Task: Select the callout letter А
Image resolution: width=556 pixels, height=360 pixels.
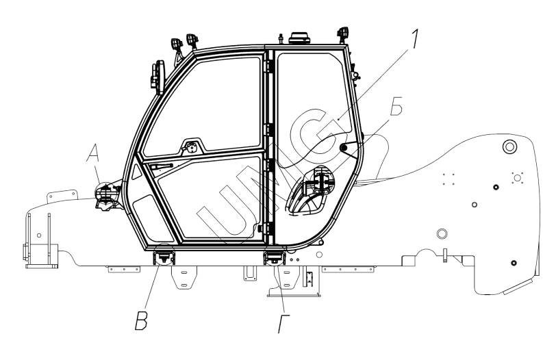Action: (94, 154)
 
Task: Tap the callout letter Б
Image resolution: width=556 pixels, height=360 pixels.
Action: (396, 106)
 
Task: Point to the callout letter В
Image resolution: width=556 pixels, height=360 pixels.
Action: (142, 322)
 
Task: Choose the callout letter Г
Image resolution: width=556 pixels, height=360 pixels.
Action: (283, 324)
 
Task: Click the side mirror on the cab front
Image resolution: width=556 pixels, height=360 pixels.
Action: (158, 77)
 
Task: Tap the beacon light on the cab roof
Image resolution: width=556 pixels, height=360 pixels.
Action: (300, 38)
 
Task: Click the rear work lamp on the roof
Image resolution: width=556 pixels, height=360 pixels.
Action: (343, 34)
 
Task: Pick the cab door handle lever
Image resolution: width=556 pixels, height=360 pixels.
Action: (161, 166)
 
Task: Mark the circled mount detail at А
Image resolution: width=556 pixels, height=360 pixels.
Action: (105, 193)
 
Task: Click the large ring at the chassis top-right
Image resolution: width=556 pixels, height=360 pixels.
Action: (509, 146)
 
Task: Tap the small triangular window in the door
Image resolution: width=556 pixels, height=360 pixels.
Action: (136, 172)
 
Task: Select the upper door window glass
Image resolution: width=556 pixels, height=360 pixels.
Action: (203, 106)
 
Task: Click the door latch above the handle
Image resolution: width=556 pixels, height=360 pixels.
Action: (192, 146)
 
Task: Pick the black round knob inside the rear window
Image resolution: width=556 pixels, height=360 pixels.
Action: (343, 146)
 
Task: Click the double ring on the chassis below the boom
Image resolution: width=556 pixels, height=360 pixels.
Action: (442, 233)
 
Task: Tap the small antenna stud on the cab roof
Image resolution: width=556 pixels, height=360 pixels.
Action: (281, 37)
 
